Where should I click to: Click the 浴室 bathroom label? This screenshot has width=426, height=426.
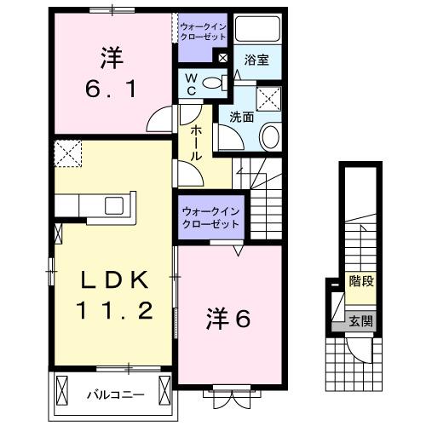pyautogui.click(x=256, y=60)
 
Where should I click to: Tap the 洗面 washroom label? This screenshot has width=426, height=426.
pyautogui.click(x=242, y=117)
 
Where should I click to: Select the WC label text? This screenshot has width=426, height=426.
pyautogui.click(x=193, y=83)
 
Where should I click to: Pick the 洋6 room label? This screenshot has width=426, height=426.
pyautogui.click(x=228, y=319)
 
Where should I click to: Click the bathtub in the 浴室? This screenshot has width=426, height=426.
pyautogui.click(x=257, y=29)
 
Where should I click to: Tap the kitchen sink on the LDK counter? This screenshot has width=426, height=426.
pyautogui.click(x=112, y=205)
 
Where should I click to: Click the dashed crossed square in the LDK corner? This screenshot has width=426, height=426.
pyautogui.click(x=66, y=153)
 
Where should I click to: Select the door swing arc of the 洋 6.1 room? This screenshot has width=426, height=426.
pyautogui.click(x=159, y=120)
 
